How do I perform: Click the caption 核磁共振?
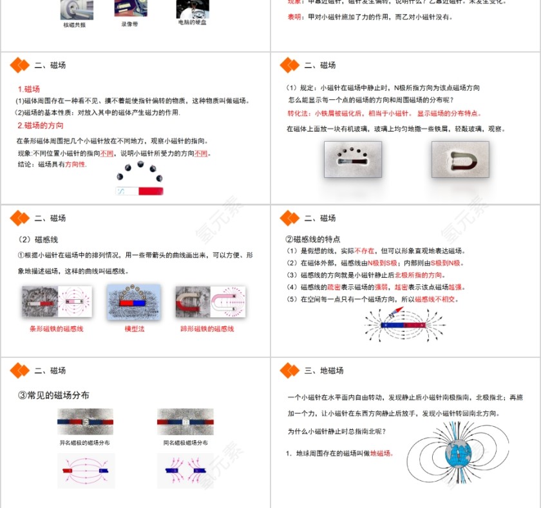click(x=74, y=24)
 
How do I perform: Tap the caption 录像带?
click(x=129, y=24)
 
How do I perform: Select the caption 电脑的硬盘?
click(x=193, y=22)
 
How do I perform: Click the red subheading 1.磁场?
click(x=28, y=89)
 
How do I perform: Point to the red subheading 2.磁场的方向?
click(x=40, y=126)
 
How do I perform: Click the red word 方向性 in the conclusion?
click(x=75, y=164)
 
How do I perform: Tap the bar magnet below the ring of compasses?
click(x=139, y=191)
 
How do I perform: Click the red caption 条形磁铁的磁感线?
click(x=56, y=329)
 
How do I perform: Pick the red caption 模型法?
click(x=134, y=329)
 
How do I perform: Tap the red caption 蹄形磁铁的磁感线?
click(x=207, y=329)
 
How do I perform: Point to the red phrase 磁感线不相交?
click(x=436, y=300)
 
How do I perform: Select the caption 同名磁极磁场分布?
click(x=185, y=443)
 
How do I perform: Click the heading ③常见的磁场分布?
click(x=53, y=395)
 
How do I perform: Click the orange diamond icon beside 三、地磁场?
click(x=289, y=371)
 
